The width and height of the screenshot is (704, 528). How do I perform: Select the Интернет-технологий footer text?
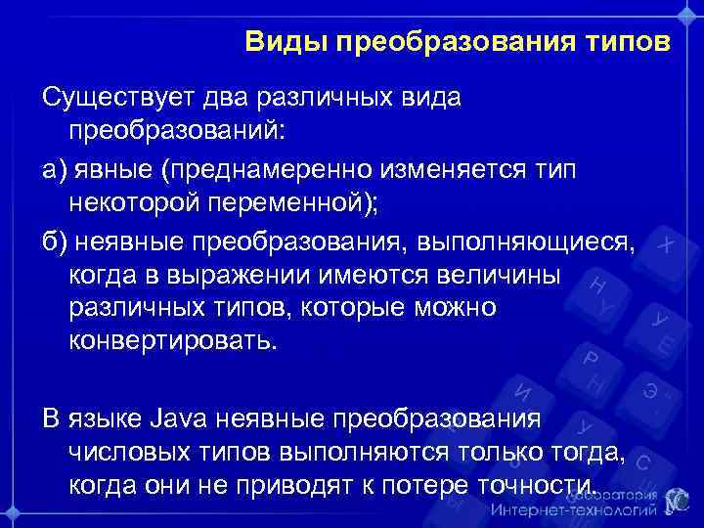point(575,511)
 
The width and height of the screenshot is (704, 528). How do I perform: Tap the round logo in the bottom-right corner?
point(678,501)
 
